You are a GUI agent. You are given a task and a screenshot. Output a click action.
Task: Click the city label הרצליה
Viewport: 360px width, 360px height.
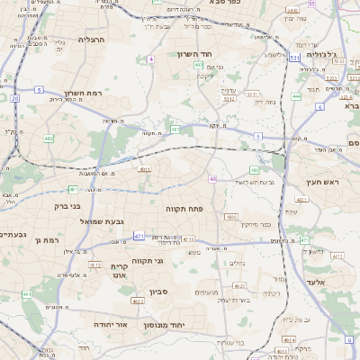[x=92, y=40]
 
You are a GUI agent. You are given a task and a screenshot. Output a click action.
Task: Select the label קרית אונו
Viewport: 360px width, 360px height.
[x=121, y=272]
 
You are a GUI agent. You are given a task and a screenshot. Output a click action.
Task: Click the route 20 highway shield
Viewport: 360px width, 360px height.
[x=15, y=97]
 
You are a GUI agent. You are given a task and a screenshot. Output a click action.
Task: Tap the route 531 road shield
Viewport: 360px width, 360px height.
[x=295, y=58]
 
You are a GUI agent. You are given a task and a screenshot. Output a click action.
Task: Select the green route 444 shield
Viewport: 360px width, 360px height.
[x=296, y=96]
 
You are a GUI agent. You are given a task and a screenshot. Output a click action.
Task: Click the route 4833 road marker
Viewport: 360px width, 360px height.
[x=231, y=217]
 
